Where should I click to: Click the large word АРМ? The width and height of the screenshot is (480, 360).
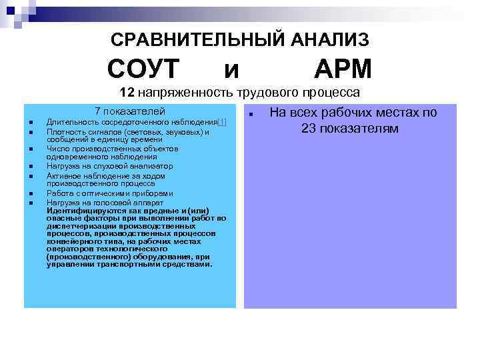point(343,69)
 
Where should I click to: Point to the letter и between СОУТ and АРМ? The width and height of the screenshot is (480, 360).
point(231,70)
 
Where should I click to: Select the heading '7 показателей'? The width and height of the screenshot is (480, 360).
point(130,111)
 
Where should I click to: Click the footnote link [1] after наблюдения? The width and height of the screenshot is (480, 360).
point(223,122)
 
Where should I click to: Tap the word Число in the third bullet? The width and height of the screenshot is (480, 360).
point(56,149)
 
